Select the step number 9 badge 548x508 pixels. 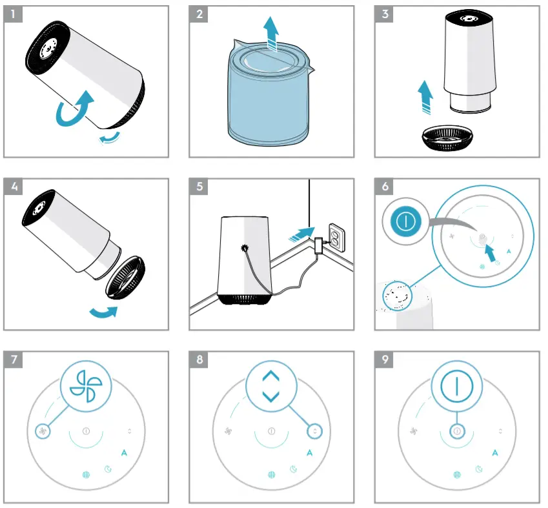pyautogui.click(x=385, y=359)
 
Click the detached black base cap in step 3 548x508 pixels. pyautogui.click(x=446, y=137)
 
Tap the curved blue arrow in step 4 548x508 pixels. pyautogui.click(x=103, y=312)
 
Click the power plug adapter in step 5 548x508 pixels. pyautogui.click(x=320, y=246)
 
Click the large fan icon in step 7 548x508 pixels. pyautogui.click(x=86, y=386)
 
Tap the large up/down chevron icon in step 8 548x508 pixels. pyautogui.click(x=271, y=386)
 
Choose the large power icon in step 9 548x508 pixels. pyautogui.click(x=456, y=386)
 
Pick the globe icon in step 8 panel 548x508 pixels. pyautogui.click(x=271, y=475)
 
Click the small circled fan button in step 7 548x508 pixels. pyautogui.click(x=43, y=431)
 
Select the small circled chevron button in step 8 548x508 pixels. pyautogui.click(x=315, y=430)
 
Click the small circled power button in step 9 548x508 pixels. pyautogui.click(x=456, y=431)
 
